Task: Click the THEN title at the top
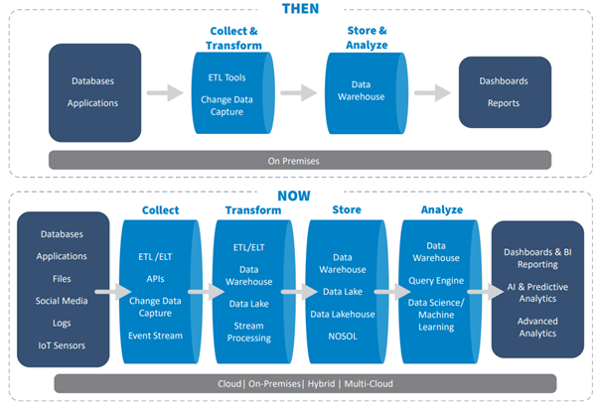(x=301, y=8)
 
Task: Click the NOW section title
(x=294, y=196)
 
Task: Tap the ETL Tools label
(x=226, y=77)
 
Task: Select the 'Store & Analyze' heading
(x=367, y=38)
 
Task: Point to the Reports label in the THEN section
(x=504, y=103)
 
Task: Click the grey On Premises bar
(x=300, y=160)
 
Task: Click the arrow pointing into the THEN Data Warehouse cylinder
(x=299, y=92)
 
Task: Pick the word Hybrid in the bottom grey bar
(x=321, y=383)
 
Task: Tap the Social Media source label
(x=62, y=301)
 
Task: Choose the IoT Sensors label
(x=62, y=345)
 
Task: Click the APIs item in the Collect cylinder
(x=155, y=279)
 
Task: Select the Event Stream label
(x=155, y=336)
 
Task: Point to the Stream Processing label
(x=249, y=332)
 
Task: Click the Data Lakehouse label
(x=343, y=314)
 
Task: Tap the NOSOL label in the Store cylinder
(x=343, y=337)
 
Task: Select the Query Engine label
(x=436, y=281)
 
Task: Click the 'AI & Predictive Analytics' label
(x=537, y=293)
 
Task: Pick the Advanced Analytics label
(x=537, y=328)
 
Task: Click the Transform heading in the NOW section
(x=253, y=210)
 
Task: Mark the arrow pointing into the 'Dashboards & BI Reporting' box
(x=486, y=292)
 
